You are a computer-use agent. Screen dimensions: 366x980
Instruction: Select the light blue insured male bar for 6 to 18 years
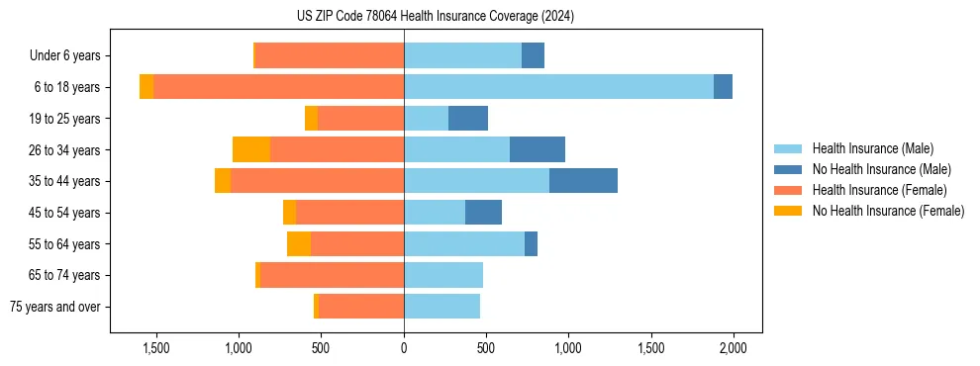pos(558,87)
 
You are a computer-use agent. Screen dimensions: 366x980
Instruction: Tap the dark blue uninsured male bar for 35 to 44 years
pos(583,181)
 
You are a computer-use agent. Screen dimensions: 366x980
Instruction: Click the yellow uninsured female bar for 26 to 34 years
pos(251,149)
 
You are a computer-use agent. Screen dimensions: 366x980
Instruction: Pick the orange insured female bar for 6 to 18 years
pos(278,87)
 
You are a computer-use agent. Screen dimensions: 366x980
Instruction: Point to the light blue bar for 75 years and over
pos(441,307)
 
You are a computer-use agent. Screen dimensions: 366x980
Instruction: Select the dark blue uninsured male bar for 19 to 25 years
pos(468,119)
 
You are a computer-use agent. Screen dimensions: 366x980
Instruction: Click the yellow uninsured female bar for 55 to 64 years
pos(299,243)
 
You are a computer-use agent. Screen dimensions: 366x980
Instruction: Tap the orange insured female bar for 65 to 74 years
pos(332,275)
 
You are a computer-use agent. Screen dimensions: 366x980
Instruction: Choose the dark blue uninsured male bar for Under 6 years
pos(533,55)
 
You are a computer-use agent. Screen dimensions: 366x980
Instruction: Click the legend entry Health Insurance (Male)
pos(872,149)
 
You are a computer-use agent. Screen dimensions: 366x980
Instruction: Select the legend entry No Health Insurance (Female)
pos(888,211)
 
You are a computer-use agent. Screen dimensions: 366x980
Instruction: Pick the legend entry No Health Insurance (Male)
pos(881,170)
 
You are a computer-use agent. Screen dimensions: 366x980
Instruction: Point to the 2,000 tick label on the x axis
pos(733,348)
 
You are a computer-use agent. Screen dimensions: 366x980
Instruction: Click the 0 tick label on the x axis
pos(404,348)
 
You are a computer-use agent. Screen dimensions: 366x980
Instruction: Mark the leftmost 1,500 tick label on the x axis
pos(156,348)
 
